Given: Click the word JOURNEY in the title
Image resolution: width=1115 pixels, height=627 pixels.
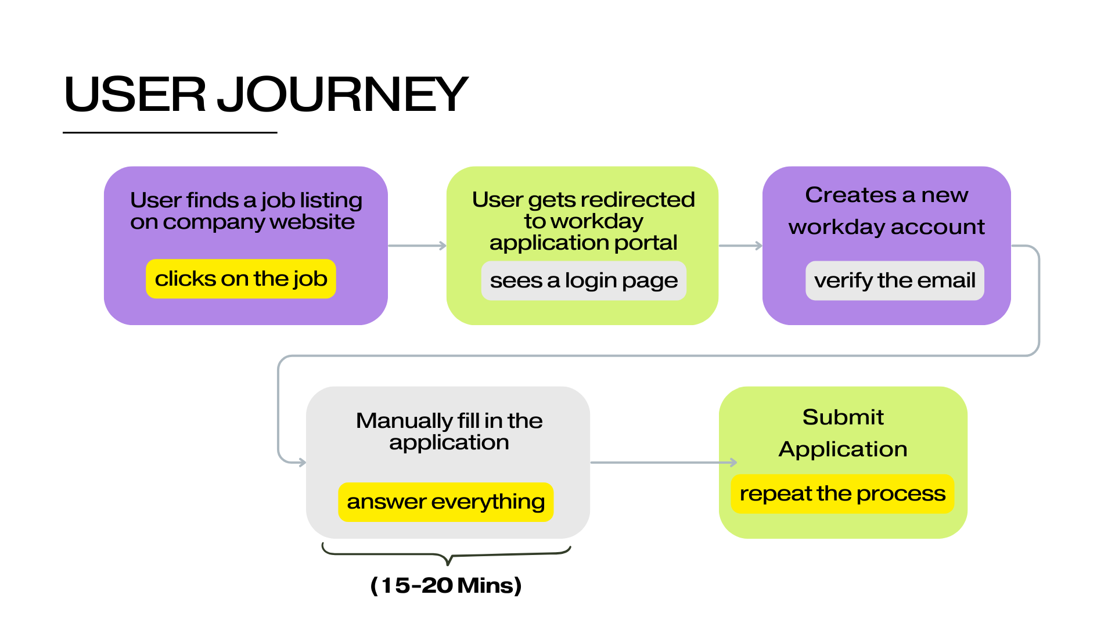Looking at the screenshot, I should [343, 94].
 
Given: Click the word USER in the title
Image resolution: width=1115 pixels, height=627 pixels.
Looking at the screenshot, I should [135, 94].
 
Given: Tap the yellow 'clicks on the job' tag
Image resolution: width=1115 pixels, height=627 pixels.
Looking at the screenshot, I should [241, 279].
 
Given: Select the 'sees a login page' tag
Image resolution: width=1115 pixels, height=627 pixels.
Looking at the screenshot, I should [584, 280].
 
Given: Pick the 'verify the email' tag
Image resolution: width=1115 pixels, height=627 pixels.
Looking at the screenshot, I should [894, 280].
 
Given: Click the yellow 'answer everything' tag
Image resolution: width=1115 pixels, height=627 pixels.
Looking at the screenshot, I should [445, 502].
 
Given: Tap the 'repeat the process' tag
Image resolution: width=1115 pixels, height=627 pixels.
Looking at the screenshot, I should [842, 493].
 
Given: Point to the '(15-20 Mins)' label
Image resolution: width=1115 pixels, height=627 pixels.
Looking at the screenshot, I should [446, 585].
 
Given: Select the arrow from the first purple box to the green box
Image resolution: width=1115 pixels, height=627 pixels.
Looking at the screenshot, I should [417, 246].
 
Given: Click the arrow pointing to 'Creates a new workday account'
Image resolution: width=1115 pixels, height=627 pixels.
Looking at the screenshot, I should [740, 246].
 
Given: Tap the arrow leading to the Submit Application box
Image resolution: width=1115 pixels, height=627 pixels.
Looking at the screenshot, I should [662, 463].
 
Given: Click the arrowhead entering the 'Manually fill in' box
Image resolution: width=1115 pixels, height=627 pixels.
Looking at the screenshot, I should [301, 462].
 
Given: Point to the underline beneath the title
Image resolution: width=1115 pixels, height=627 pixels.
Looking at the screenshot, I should [170, 132].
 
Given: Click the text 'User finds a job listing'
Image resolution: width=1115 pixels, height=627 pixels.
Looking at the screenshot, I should [246, 200].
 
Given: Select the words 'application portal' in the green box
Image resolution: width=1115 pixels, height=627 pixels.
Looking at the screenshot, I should [583, 243].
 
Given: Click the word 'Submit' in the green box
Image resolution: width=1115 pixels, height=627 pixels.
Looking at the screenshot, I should [843, 417].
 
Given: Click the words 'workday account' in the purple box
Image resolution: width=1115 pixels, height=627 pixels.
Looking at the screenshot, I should [886, 226].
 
